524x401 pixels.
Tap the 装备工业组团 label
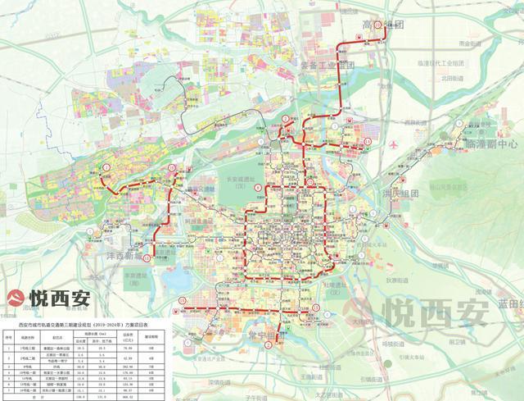327,66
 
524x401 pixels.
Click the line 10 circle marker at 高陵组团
378,25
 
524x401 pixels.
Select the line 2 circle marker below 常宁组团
268,344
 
